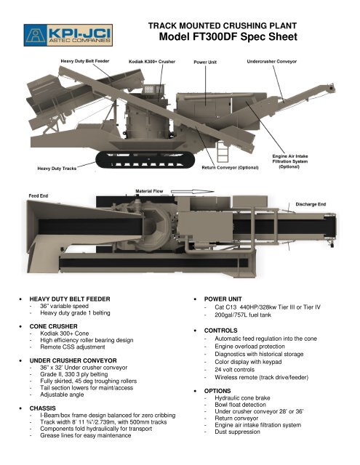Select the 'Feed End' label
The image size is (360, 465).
point(39,195)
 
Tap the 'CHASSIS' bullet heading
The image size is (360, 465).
point(44,408)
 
